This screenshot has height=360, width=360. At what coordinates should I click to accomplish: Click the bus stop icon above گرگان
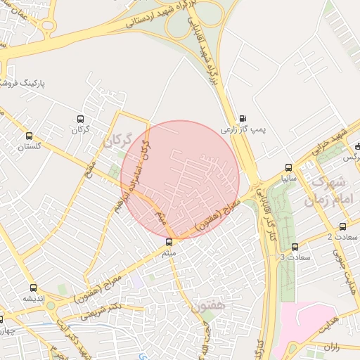[x=80, y=119]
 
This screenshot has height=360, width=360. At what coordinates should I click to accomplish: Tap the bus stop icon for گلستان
[x=29, y=136]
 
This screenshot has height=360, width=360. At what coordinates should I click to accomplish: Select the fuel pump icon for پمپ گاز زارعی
[x=243, y=118]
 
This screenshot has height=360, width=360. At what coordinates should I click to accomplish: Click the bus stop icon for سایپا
[x=288, y=167]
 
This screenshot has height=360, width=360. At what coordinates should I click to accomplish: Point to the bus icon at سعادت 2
[x=342, y=226]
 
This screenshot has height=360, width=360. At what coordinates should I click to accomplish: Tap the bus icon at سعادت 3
[x=295, y=247]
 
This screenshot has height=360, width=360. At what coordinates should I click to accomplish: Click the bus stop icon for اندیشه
[x=32, y=287]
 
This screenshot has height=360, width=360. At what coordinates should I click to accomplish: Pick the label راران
[x=331, y=346]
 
